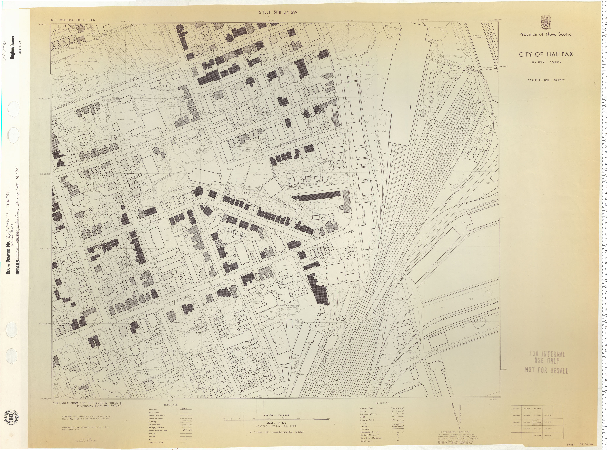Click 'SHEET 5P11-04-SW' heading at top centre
point(278,12)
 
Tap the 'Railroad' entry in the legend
point(153,409)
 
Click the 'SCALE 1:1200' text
point(276,422)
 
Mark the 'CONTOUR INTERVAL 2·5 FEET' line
point(276,426)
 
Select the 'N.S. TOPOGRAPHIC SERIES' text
point(73,20)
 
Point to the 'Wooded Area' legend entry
point(367,408)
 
